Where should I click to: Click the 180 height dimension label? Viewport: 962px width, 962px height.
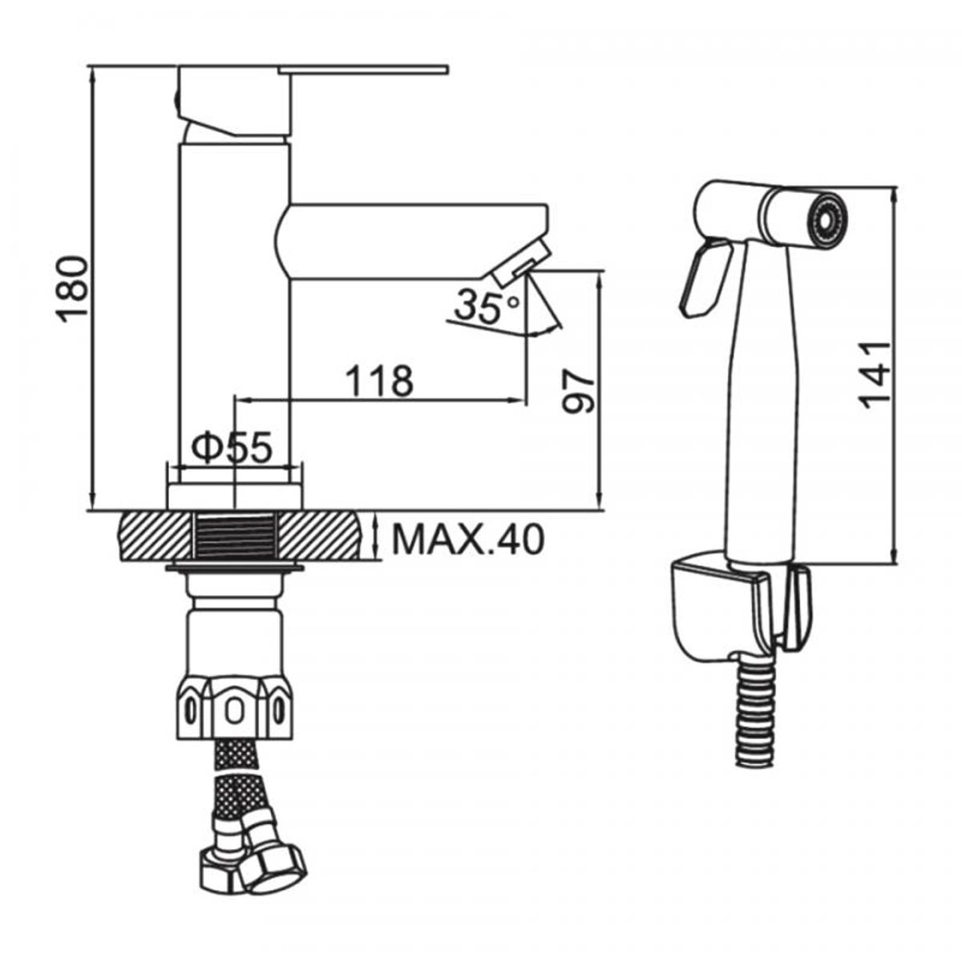pyautogui.click(x=72, y=289)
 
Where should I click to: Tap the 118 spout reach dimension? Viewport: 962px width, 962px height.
pyautogui.click(x=379, y=381)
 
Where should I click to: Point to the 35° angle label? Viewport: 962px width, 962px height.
pyautogui.click(x=487, y=306)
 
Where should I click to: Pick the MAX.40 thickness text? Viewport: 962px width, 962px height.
pyautogui.click(x=467, y=540)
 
